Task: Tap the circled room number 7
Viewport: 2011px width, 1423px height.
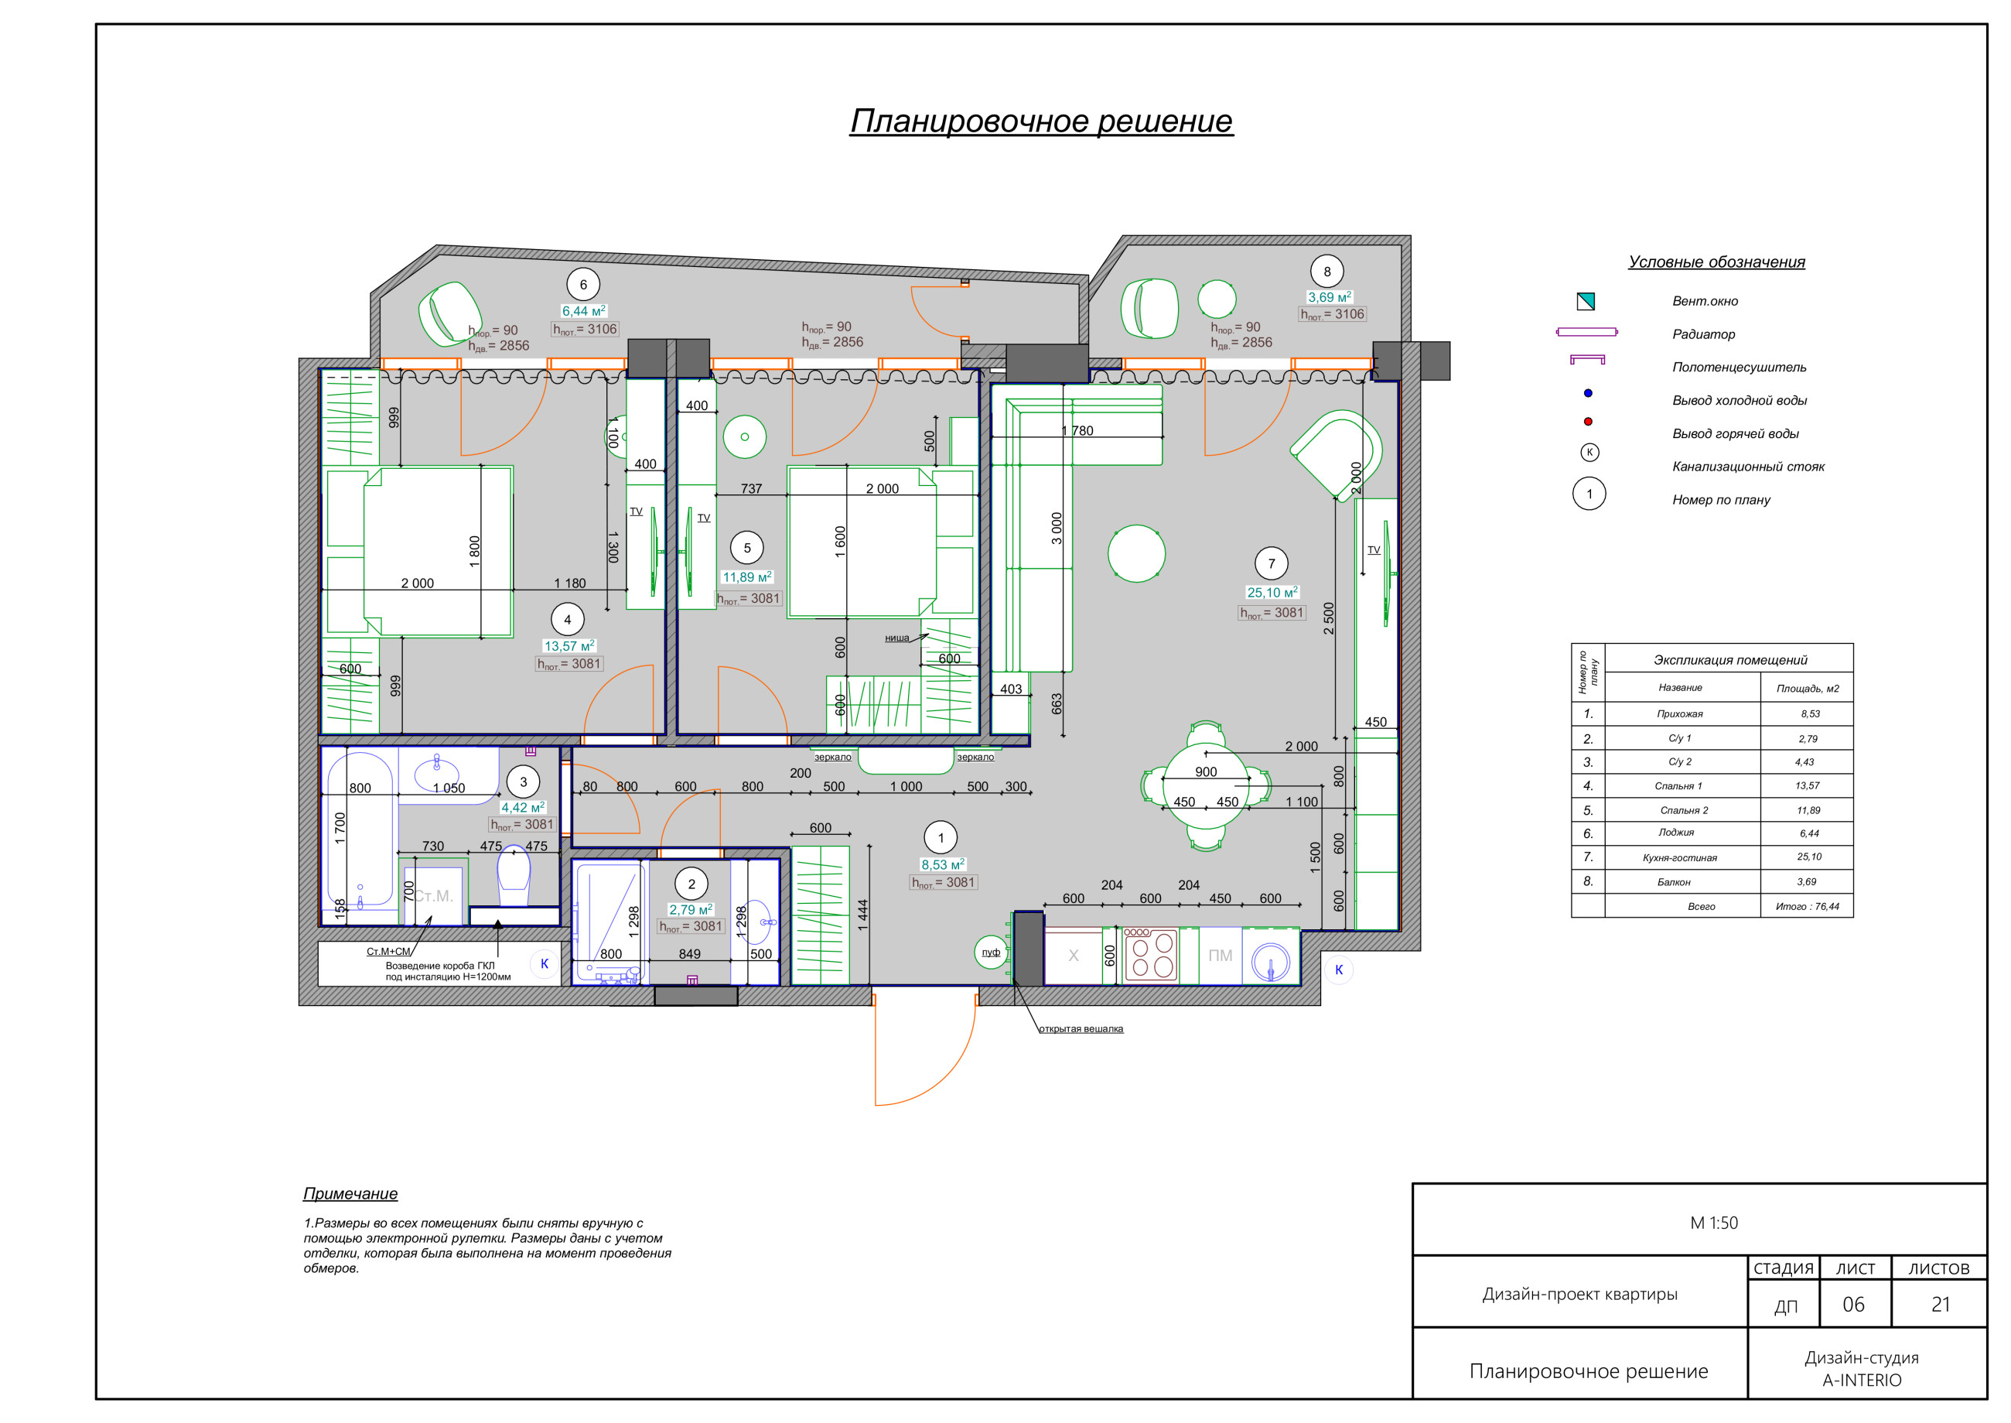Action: click(1271, 563)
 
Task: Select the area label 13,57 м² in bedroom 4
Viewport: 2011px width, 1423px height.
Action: click(568, 646)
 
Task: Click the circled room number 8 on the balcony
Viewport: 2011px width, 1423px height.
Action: click(1327, 272)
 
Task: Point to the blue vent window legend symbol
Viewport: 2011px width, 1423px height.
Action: click(1586, 302)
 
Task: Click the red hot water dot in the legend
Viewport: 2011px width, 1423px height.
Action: click(1588, 422)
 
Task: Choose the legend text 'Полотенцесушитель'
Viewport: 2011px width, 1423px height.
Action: click(1739, 367)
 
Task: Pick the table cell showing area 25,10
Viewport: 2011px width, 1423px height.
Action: click(1808, 857)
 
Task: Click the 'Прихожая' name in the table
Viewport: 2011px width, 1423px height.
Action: click(1679, 714)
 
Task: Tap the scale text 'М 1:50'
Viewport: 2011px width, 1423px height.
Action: click(1713, 1223)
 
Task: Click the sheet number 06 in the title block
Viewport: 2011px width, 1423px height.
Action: click(1853, 1304)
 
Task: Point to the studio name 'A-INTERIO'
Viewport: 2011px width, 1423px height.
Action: click(1862, 1380)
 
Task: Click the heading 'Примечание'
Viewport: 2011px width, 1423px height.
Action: click(350, 1193)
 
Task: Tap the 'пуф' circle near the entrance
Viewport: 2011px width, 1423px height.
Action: click(991, 952)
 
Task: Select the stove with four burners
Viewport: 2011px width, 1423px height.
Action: click(1150, 956)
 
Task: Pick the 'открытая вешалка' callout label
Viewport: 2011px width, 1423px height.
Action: click(1081, 1028)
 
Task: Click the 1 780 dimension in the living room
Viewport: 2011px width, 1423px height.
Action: click(1077, 430)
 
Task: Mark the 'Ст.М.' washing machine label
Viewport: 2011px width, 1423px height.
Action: click(434, 895)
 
